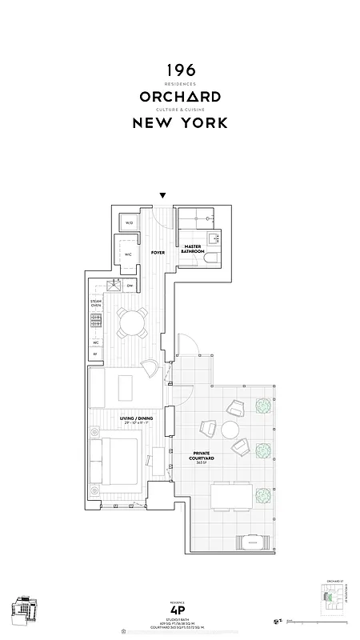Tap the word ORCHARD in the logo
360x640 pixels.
pos(180,96)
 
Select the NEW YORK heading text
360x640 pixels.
pos(180,122)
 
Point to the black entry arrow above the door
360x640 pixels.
pos(163,195)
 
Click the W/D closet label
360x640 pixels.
pos(129,223)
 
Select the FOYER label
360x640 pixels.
pos(158,252)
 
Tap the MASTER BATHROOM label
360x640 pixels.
pos(192,249)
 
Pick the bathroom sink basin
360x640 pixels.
pos(214,238)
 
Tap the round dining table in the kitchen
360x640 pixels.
pos(130,322)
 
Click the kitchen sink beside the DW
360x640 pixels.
pos(113,286)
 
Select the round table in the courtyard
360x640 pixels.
pos(232,430)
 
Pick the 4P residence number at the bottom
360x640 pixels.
pos(180,607)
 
